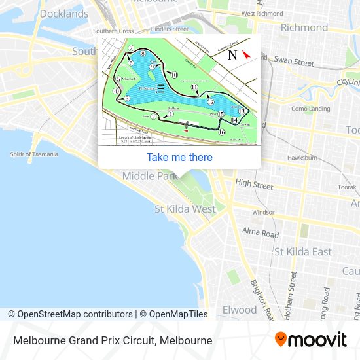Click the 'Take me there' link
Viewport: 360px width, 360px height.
(x=179, y=157)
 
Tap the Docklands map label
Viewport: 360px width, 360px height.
(x=64, y=14)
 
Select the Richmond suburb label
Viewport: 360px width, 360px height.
(x=304, y=27)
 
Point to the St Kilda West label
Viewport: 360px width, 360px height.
(x=185, y=209)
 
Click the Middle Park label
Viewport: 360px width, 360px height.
(x=150, y=175)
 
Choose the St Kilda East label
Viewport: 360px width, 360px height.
(x=302, y=251)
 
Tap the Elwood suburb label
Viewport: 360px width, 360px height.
(x=240, y=309)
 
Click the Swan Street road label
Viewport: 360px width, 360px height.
(x=294, y=62)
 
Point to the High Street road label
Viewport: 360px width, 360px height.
(x=254, y=185)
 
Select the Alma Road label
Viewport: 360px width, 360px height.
(x=260, y=232)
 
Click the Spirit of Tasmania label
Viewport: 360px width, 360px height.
(x=33, y=154)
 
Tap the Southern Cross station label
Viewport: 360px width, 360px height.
(x=113, y=31)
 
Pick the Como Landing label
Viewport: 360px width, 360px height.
(x=310, y=109)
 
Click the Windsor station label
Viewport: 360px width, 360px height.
(x=263, y=212)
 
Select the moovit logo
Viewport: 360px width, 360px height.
(x=311, y=340)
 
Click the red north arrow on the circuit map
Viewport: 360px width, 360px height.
(x=246, y=55)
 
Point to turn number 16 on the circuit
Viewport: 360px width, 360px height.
(x=221, y=132)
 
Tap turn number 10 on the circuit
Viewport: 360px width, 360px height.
(x=173, y=75)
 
